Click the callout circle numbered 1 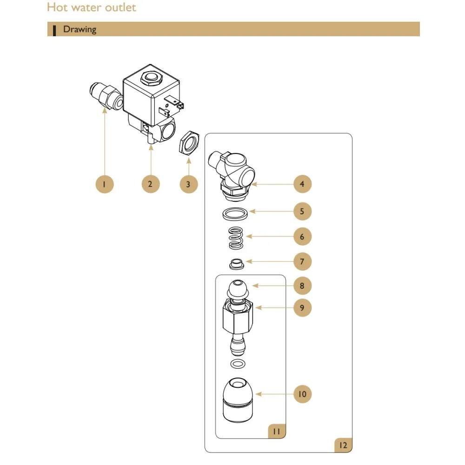tap(104, 184)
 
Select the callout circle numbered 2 tap(150, 184)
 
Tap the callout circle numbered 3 tap(188, 184)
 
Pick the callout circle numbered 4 tap(302, 184)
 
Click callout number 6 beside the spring tap(302, 237)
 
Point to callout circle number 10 tap(302, 394)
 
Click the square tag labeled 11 tap(276, 431)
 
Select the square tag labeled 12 tap(343, 445)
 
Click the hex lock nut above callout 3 tap(189, 143)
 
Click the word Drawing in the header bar tap(80, 29)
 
